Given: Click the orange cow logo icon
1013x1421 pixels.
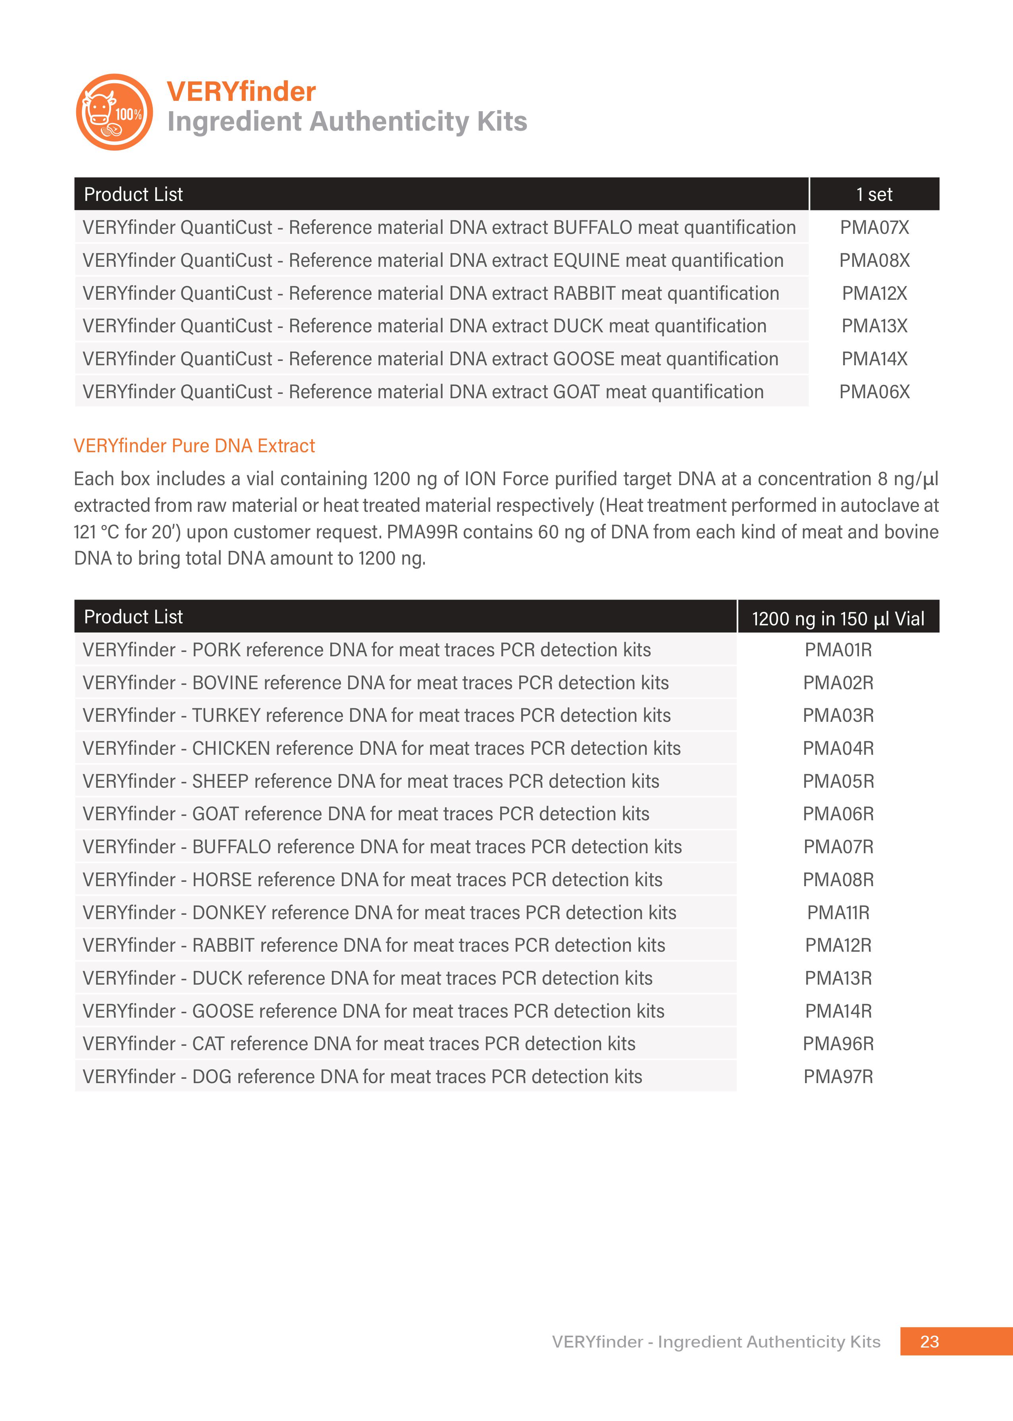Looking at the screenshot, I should coord(114,112).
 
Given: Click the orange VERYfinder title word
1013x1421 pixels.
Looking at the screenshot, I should coord(241,92).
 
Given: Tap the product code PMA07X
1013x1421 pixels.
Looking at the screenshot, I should coord(874,228).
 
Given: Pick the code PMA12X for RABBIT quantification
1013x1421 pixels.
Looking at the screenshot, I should coord(874,293).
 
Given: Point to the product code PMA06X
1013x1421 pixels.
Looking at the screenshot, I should coord(874,392).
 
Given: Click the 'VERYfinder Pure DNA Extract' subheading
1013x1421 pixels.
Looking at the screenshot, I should coord(194,446).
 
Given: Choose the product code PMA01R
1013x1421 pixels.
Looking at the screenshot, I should coord(838,650).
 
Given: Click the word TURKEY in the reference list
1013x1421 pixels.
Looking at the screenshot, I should coord(226,715).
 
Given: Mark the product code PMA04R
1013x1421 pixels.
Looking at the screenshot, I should coord(838,748).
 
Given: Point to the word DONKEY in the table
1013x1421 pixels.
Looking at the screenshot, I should coord(229,913).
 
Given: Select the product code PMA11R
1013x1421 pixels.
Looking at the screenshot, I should coord(838,913).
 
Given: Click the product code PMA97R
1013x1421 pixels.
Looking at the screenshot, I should coord(838,1077).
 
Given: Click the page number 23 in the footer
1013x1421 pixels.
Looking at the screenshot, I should coord(929,1341).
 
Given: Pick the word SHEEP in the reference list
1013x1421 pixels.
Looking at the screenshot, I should coord(220,781).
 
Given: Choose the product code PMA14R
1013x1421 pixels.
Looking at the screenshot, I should coord(838,1011).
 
